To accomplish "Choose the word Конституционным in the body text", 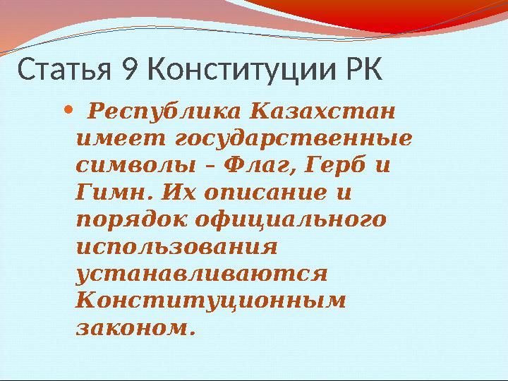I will pyautogui.click(x=210, y=300).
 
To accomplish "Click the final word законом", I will pyautogui.click(x=133, y=327).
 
